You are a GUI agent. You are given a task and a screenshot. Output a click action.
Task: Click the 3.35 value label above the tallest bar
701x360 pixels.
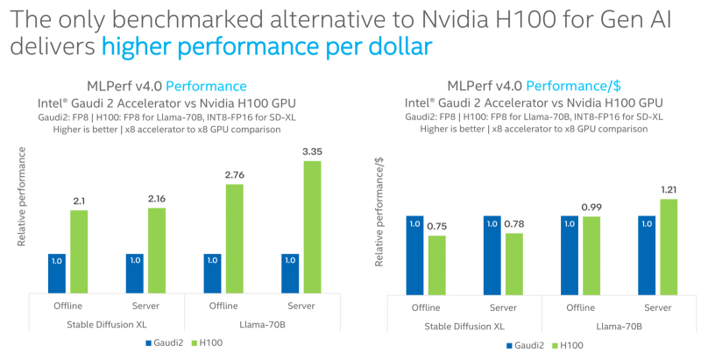(x=312, y=152)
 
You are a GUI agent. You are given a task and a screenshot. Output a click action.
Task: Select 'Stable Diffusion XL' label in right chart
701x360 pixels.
(x=465, y=325)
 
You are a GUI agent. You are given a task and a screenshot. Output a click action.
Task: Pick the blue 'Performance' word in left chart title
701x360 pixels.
(x=206, y=86)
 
